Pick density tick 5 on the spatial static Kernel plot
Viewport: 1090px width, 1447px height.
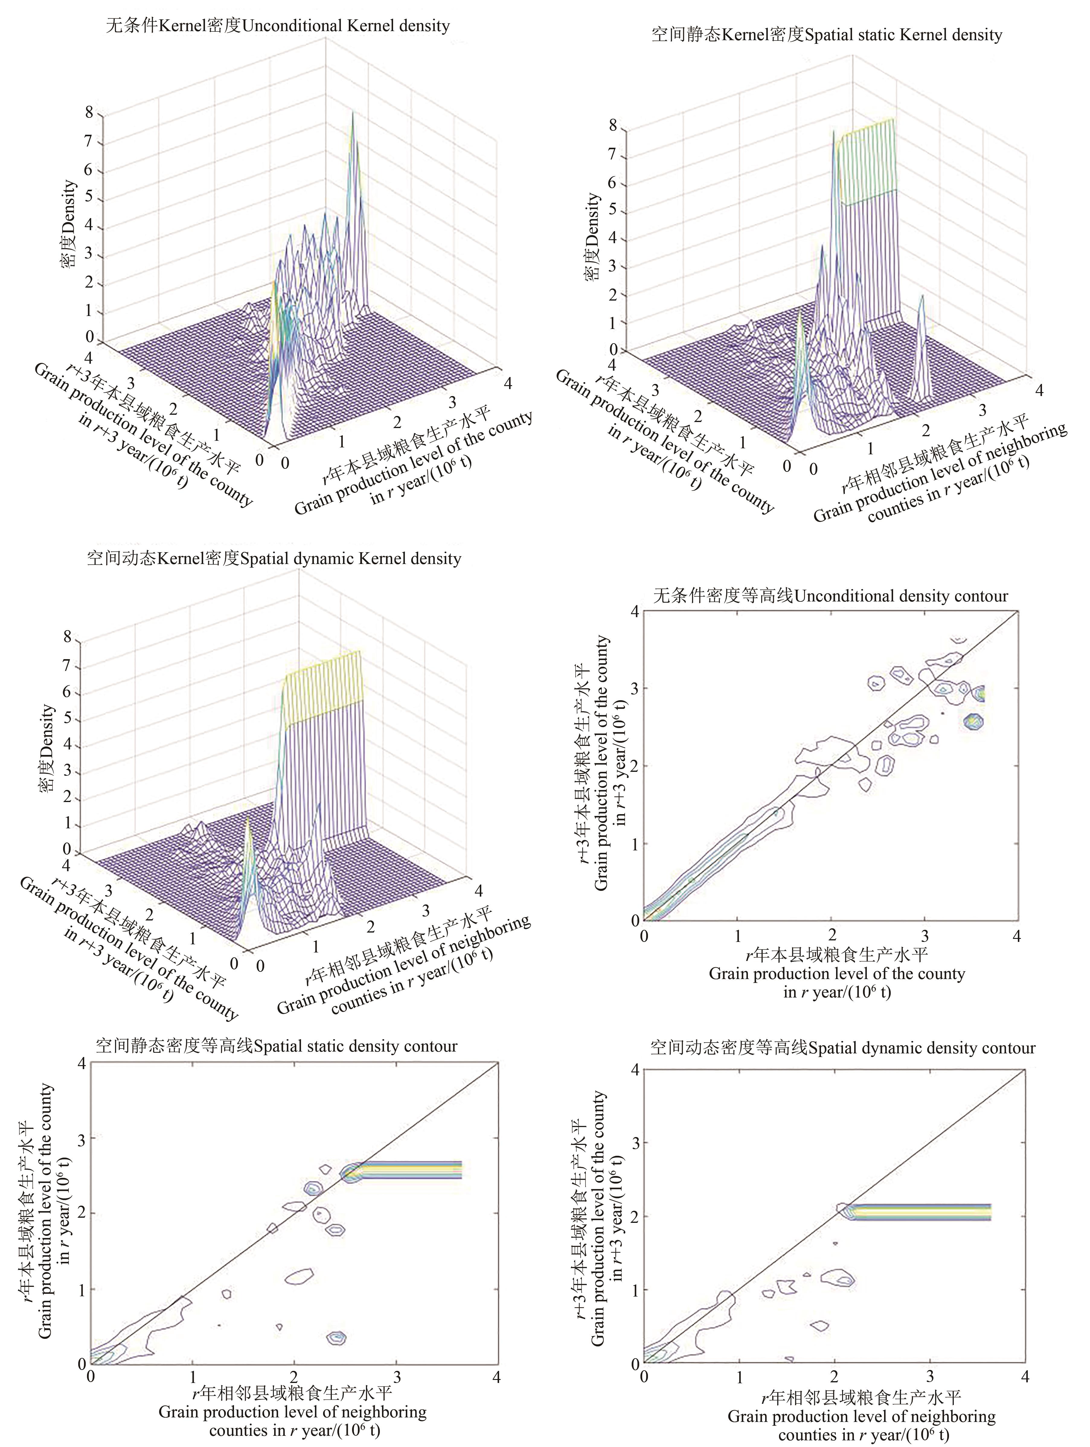tap(613, 211)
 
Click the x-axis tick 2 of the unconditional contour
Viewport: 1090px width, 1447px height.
tap(831, 936)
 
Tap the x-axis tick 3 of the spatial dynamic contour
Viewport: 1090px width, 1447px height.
tap(930, 1376)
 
